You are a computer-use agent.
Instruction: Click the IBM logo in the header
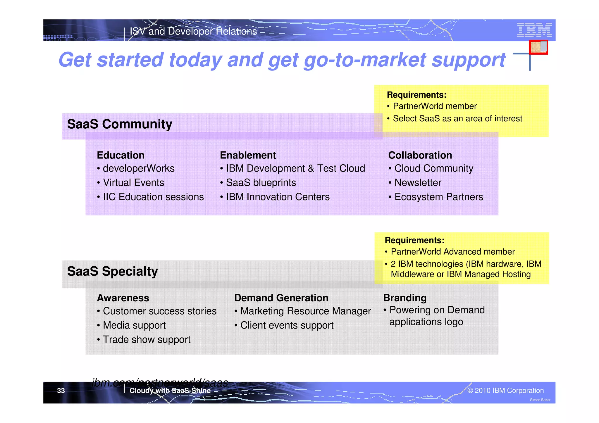tap(534, 30)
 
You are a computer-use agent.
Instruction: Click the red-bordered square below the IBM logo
tap(538, 47)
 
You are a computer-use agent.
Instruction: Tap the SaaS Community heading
tap(120, 124)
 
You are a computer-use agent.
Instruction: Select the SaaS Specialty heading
tap(112, 271)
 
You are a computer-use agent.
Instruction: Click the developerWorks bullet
tap(138, 168)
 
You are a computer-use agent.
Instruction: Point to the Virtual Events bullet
tap(133, 183)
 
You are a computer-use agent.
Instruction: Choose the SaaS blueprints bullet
tap(261, 183)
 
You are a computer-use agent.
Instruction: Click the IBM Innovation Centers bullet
tap(278, 197)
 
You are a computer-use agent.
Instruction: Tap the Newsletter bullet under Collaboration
tap(417, 183)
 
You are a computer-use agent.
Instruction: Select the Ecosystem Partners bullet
tap(438, 197)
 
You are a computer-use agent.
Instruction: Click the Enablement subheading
tap(248, 155)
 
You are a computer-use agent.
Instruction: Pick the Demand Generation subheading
tap(281, 298)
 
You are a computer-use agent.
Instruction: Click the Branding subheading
tap(405, 298)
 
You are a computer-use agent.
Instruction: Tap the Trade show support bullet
tap(146, 340)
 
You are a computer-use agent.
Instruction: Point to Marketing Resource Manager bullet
tap(305, 311)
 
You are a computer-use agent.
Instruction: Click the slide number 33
tap(61, 391)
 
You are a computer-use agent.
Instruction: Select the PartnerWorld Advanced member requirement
tap(452, 252)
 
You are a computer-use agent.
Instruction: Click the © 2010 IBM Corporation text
tap(505, 391)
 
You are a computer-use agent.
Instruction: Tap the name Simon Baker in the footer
tap(540, 400)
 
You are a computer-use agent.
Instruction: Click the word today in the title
tap(195, 60)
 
